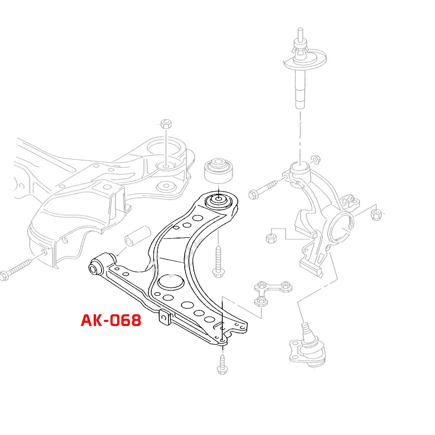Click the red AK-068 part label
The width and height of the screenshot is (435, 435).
click(x=111, y=320)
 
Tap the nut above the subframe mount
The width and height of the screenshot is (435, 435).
click(x=166, y=124)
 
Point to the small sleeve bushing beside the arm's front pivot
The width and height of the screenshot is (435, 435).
click(x=138, y=236)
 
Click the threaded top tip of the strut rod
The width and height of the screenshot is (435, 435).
click(x=300, y=33)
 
